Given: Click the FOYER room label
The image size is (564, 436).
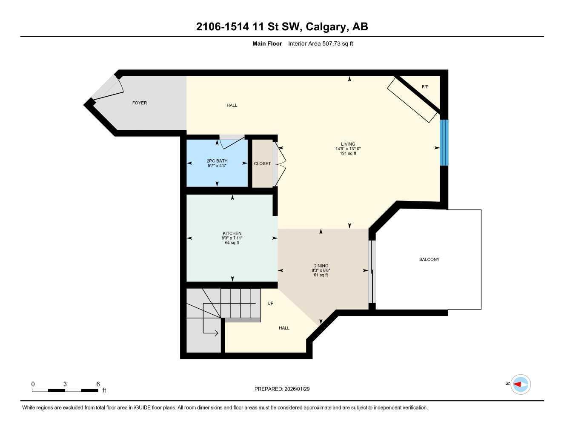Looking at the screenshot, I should point(140,103).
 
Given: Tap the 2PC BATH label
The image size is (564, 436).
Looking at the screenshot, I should point(217,161).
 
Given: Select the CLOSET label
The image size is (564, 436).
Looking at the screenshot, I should point(262,163).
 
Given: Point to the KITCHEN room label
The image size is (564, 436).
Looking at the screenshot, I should point(232,233).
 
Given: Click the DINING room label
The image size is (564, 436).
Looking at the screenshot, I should point(321,266).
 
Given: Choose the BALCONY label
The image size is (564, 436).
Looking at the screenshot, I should point(429,259).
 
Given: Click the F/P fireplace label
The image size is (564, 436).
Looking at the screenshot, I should point(425,87).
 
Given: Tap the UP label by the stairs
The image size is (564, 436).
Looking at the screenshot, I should point(270,303).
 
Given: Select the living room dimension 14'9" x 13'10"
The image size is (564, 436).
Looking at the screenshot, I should point(348,149).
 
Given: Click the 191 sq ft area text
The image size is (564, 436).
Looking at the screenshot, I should point(348,153).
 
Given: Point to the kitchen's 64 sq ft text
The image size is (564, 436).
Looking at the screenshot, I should point(232,243).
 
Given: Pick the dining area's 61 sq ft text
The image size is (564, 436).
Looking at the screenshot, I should point(321,275).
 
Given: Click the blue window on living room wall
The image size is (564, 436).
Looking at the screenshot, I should point(444,142).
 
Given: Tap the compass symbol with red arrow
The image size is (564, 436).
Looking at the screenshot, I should point(521,384).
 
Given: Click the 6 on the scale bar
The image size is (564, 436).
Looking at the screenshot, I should point(98,384).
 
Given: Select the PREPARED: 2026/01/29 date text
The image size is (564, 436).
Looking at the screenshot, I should point(282,389).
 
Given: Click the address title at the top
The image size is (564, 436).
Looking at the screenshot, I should point(282,27).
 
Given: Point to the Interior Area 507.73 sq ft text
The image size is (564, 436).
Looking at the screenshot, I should point(321,43).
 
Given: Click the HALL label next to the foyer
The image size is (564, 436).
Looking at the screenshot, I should point(232,106).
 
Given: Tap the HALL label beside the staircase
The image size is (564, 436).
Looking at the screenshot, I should point(284,328).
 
